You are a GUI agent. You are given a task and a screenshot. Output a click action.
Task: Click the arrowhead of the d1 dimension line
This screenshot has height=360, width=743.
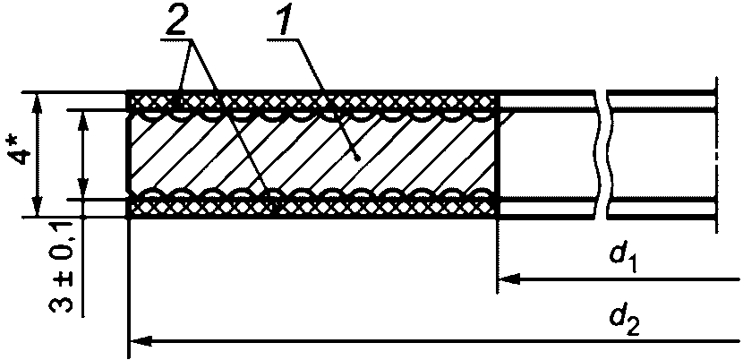tap(506, 280)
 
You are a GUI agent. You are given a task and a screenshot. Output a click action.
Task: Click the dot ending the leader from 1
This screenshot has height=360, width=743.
tap(357, 157)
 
